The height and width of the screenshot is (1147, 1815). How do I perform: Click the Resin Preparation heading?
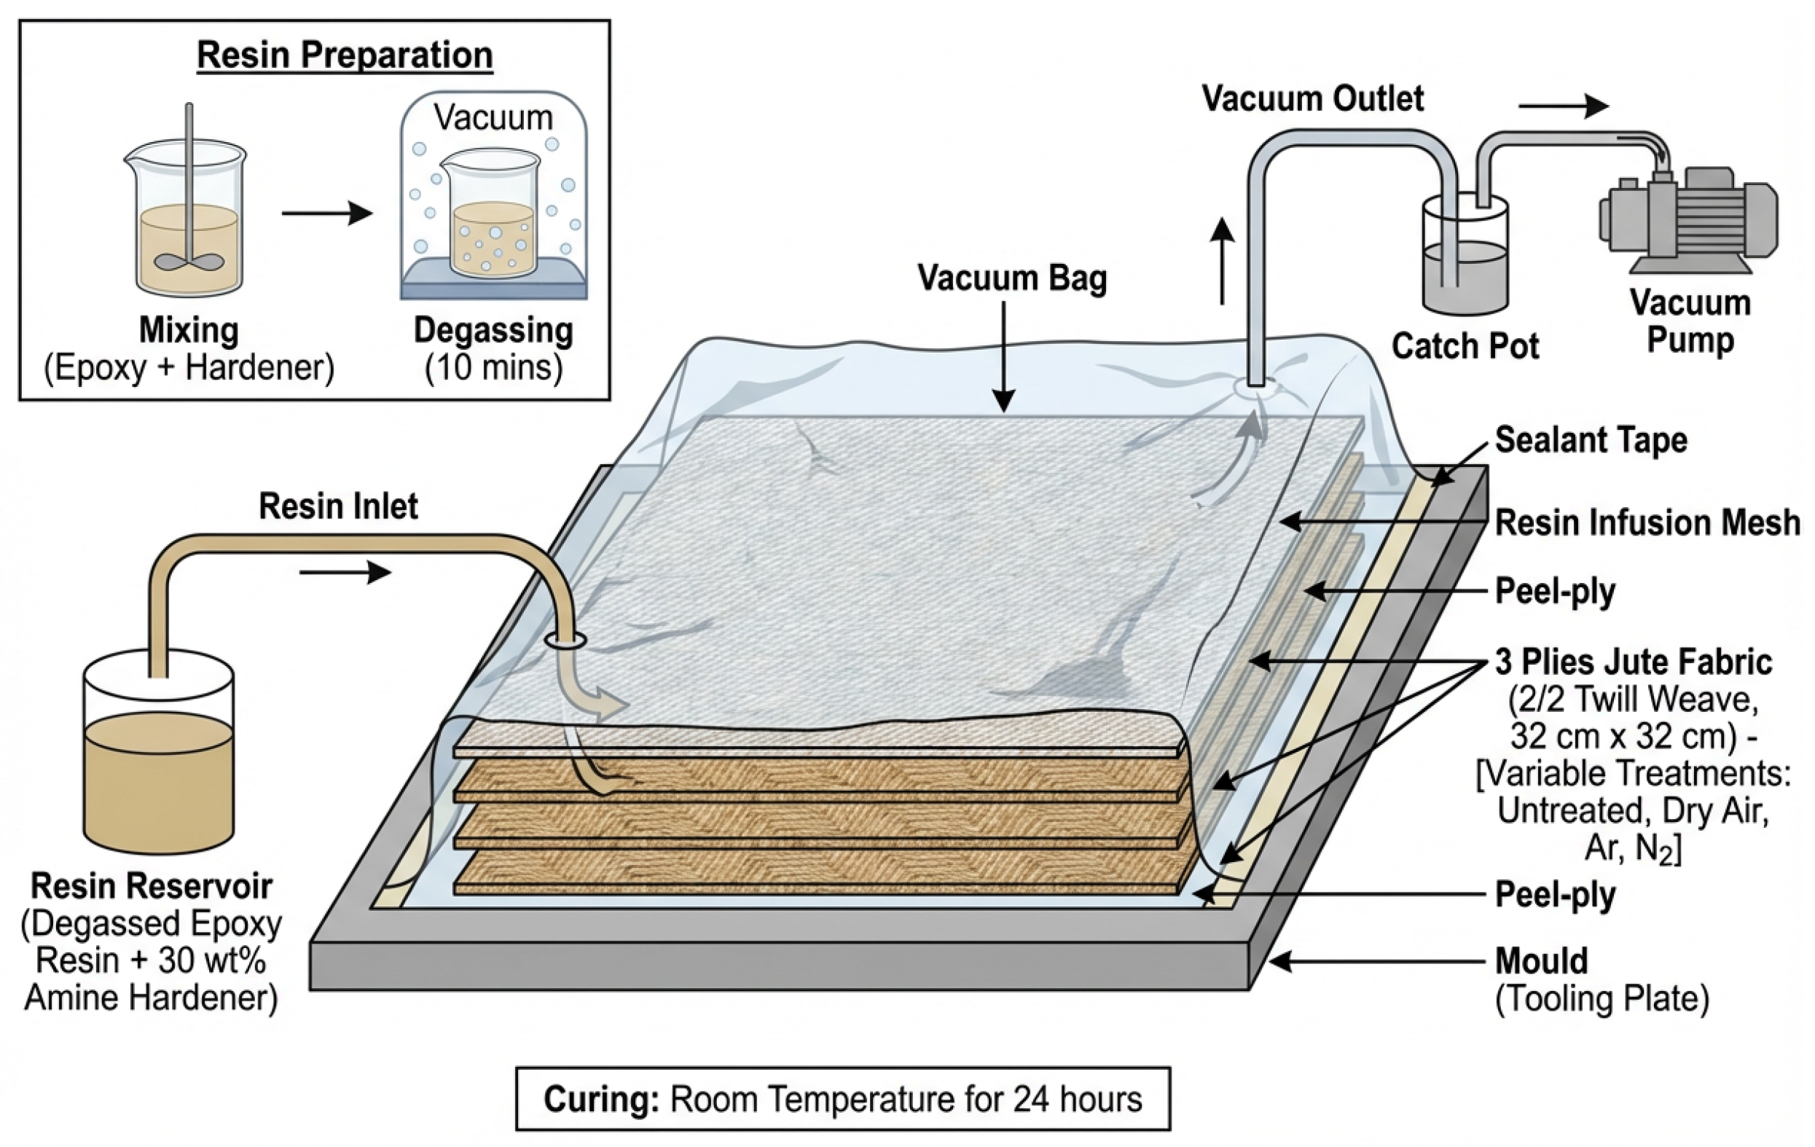tap(345, 56)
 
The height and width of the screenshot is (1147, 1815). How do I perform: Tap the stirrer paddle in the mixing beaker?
tap(189, 262)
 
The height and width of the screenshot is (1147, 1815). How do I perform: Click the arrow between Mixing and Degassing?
tap(327, 214)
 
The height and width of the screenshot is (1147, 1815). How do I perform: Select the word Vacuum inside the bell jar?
tap(493, 118)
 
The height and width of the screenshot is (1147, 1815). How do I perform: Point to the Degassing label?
tap(493, 331)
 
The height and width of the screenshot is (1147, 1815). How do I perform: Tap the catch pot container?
tap(1465, 257)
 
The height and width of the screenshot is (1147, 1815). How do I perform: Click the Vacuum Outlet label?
tap(1312, 98)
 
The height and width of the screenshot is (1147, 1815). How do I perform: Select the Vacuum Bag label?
tap(1011, 278)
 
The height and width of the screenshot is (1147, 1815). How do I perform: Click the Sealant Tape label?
tap(1591, 440)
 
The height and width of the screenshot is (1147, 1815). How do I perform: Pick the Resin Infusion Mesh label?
tap(1647, 522)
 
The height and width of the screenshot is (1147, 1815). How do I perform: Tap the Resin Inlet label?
tap(337, 506)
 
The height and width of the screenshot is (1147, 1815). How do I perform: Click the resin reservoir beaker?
tap(157, 753)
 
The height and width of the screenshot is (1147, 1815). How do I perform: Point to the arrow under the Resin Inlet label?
tap(345, 572)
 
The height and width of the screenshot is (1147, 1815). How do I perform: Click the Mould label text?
tap(1541, 961)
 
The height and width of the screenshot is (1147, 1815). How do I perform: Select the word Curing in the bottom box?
tap(600, 1100)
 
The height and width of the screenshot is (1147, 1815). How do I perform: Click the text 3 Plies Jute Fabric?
tap(1634, 662)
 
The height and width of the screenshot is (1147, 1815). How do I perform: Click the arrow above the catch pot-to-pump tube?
tap(1562, 106)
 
